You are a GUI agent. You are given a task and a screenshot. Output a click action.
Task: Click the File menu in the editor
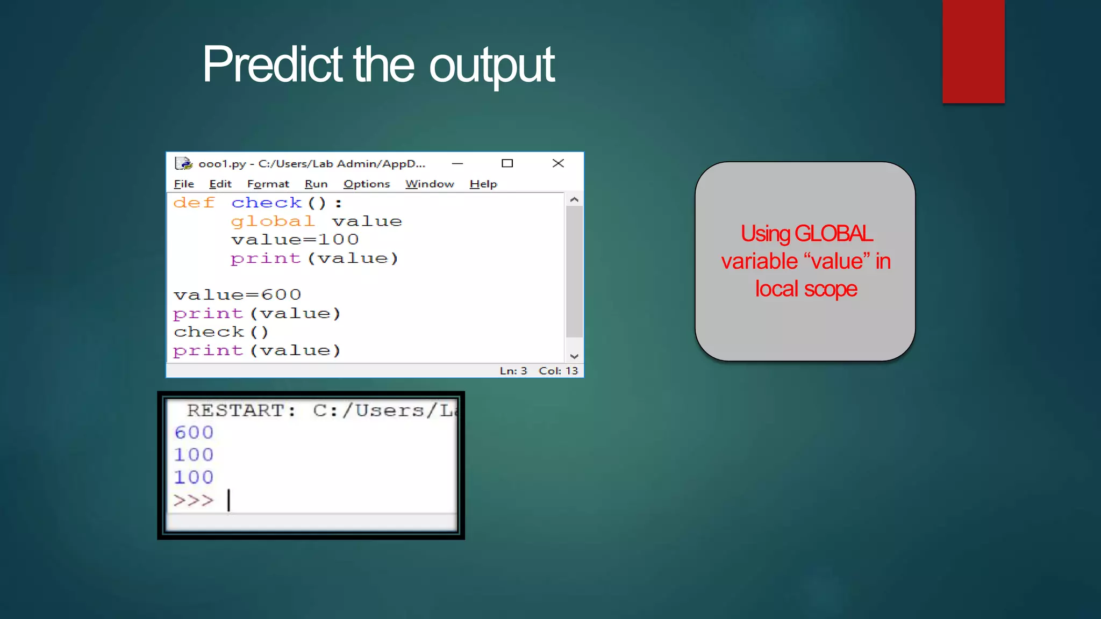tap(184, 184)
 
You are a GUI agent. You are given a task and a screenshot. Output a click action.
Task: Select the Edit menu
tap(220, 184)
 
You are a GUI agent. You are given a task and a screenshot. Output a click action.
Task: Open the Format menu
tap(268, 184)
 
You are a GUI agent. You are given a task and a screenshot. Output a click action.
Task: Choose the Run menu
tap(316, 184)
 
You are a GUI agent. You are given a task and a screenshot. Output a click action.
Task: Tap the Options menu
tap(367, 184)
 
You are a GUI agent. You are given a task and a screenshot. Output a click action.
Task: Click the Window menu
tap(430, 184)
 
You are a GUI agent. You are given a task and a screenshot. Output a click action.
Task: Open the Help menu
tap(483, 184)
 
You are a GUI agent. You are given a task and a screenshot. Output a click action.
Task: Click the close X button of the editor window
tap(558, 163)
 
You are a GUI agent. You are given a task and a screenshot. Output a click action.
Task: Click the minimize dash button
tap(457, 163)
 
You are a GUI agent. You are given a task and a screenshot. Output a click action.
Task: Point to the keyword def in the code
tap(194, 203)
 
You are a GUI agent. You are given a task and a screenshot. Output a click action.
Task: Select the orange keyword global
tap(273, 221)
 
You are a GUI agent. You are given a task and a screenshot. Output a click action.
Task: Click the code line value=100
tap(295, 240)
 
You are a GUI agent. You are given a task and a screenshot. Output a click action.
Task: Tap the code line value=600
tap(237, 295)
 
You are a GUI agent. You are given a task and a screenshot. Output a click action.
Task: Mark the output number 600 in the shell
tap(194, 433)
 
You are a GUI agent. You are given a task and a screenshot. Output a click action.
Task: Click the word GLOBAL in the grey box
tap(834, 234)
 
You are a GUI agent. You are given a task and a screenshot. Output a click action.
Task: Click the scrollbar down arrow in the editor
tap(574, 356)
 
